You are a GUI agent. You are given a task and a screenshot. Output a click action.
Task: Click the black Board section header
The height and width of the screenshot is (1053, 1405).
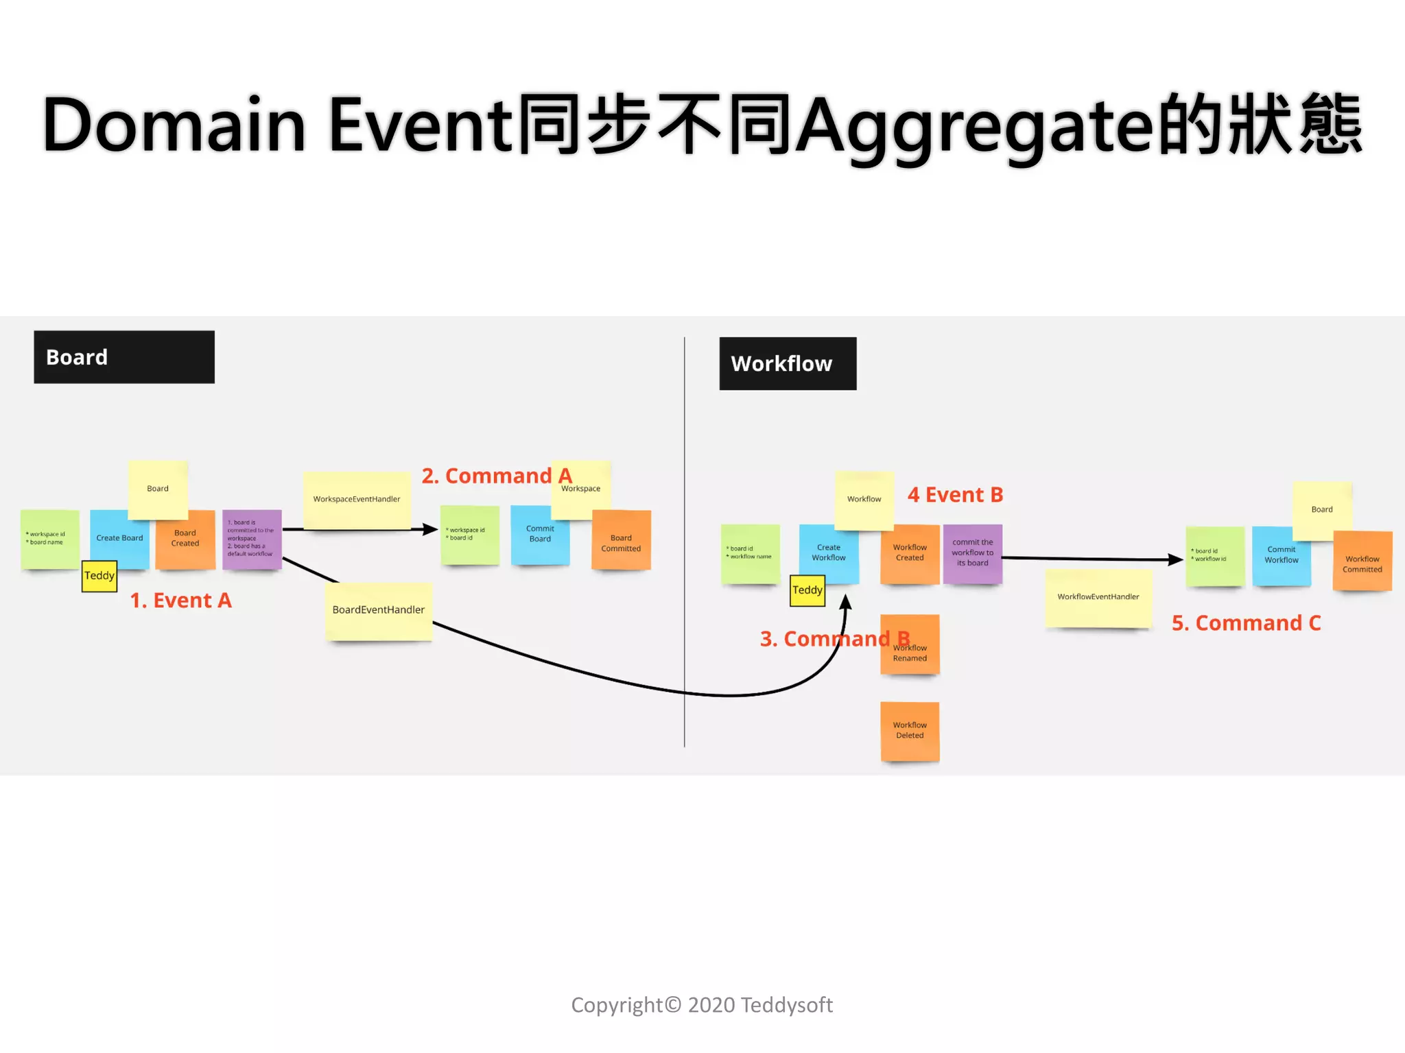[x=123, y=357]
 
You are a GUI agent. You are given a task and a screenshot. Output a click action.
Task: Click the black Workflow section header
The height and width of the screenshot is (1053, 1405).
[x=787, y=363]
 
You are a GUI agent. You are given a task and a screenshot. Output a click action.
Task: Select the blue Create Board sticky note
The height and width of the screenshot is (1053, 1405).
[x=119, y=538]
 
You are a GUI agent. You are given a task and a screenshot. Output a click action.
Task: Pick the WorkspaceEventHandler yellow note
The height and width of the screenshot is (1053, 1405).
[x=356, y=499]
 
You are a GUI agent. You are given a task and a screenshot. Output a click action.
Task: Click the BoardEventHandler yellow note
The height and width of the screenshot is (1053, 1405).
[x=378, y=610]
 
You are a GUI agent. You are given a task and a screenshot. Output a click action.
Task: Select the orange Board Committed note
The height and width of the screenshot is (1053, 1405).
[x=621, y=543]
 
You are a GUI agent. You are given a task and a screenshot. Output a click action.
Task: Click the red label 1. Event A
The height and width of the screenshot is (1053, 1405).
[x=181, y=601]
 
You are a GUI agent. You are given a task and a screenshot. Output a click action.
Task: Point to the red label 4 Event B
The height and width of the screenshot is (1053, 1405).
[x=955, y=495]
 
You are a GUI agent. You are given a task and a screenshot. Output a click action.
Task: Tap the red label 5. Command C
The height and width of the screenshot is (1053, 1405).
[x=1246, y=623]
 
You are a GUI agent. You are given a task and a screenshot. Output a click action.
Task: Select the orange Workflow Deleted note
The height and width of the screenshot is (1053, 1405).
[x=910, y=731]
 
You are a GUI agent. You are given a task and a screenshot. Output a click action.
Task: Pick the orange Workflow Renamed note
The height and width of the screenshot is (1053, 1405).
[x=910, y=655]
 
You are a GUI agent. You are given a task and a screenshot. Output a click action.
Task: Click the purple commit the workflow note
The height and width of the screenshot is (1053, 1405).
[x=972, y=553]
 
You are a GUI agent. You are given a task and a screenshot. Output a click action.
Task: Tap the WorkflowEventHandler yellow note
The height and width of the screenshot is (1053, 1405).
[x=1098, y=597]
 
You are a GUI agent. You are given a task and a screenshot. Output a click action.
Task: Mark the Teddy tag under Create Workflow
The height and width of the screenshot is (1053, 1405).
[x=807, y=590]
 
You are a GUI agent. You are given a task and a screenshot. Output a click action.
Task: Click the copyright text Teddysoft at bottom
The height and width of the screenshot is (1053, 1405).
[x=786, y=1005]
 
